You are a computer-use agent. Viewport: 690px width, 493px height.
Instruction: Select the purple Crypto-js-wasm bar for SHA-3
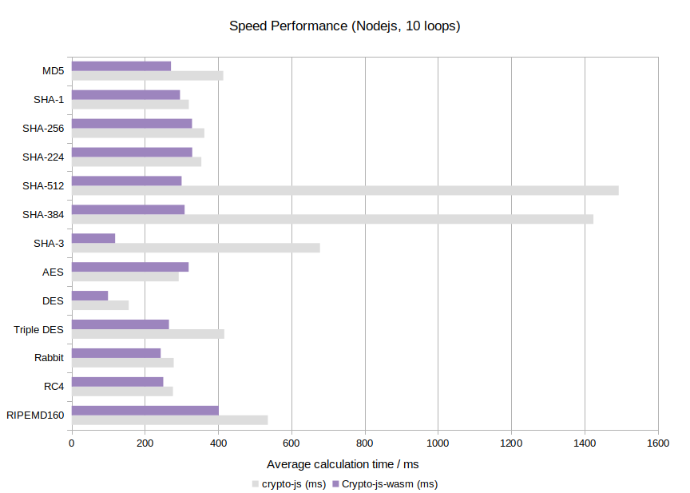93,238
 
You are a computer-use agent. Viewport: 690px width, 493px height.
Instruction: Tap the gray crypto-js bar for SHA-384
332,219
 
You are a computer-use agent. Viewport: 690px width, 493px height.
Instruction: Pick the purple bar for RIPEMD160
145,411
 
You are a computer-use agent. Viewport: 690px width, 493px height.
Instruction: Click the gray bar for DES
100,305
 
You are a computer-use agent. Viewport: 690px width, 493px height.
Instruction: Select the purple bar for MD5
121,66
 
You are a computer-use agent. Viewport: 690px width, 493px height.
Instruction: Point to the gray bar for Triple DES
148,334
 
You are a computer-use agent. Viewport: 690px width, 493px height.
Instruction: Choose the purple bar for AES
130,267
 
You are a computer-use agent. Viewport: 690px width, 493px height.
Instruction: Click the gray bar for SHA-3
196,248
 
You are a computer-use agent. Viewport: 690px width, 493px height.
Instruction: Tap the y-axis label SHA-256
43,128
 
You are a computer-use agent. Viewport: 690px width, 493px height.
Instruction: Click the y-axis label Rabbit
49,357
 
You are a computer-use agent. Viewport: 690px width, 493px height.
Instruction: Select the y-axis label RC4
54,386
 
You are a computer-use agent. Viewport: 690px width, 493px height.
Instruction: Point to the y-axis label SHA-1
49,99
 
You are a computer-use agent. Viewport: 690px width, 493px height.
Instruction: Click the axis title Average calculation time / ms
343,464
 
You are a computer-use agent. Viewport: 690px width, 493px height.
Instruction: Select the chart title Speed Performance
345,26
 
